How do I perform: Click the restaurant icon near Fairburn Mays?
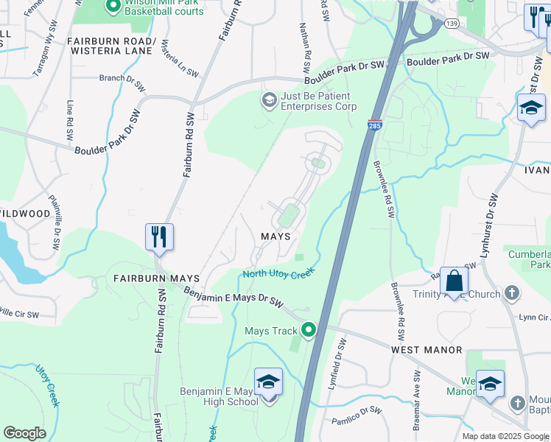pos(159,236)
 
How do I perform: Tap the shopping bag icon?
pos(455,280)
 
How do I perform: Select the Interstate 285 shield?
pos(375,127)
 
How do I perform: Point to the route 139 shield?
pos(452,24)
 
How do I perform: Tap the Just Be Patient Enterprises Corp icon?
pos(269,99)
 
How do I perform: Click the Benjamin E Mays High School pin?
pos(268,382)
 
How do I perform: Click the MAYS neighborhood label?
pos(275,236)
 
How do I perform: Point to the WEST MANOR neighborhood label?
pos(427,350)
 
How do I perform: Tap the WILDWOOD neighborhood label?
pos(25,214)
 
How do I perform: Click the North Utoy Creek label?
pos(279,273)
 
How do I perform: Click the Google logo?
pos(24,433)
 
